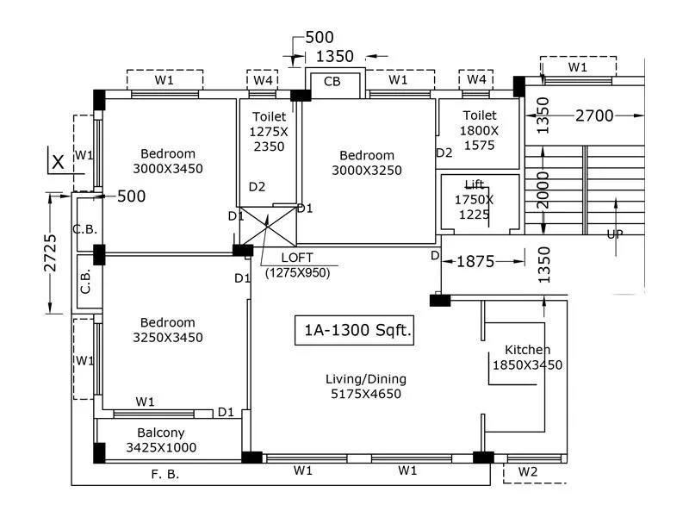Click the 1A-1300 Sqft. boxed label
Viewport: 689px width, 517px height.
point(353,330)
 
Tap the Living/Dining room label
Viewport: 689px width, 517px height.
point(366,387)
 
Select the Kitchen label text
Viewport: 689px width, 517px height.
point(526,357)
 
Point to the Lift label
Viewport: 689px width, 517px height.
point(474,199)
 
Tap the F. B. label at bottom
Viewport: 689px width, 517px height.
point(165,474)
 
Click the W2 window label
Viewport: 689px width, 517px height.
point(528,472)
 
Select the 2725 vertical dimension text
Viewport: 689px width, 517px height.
point(50,253)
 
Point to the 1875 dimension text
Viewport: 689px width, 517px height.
point(475,261)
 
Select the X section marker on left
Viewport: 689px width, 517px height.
point(58,161)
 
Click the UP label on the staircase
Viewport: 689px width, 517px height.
point(615,233)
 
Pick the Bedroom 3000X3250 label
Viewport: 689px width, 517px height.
point(367,163)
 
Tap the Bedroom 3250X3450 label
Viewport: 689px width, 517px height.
point(168,330)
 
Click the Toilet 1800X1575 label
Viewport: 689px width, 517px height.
point(480,130)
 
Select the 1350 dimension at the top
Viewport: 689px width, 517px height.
point(335,57)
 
